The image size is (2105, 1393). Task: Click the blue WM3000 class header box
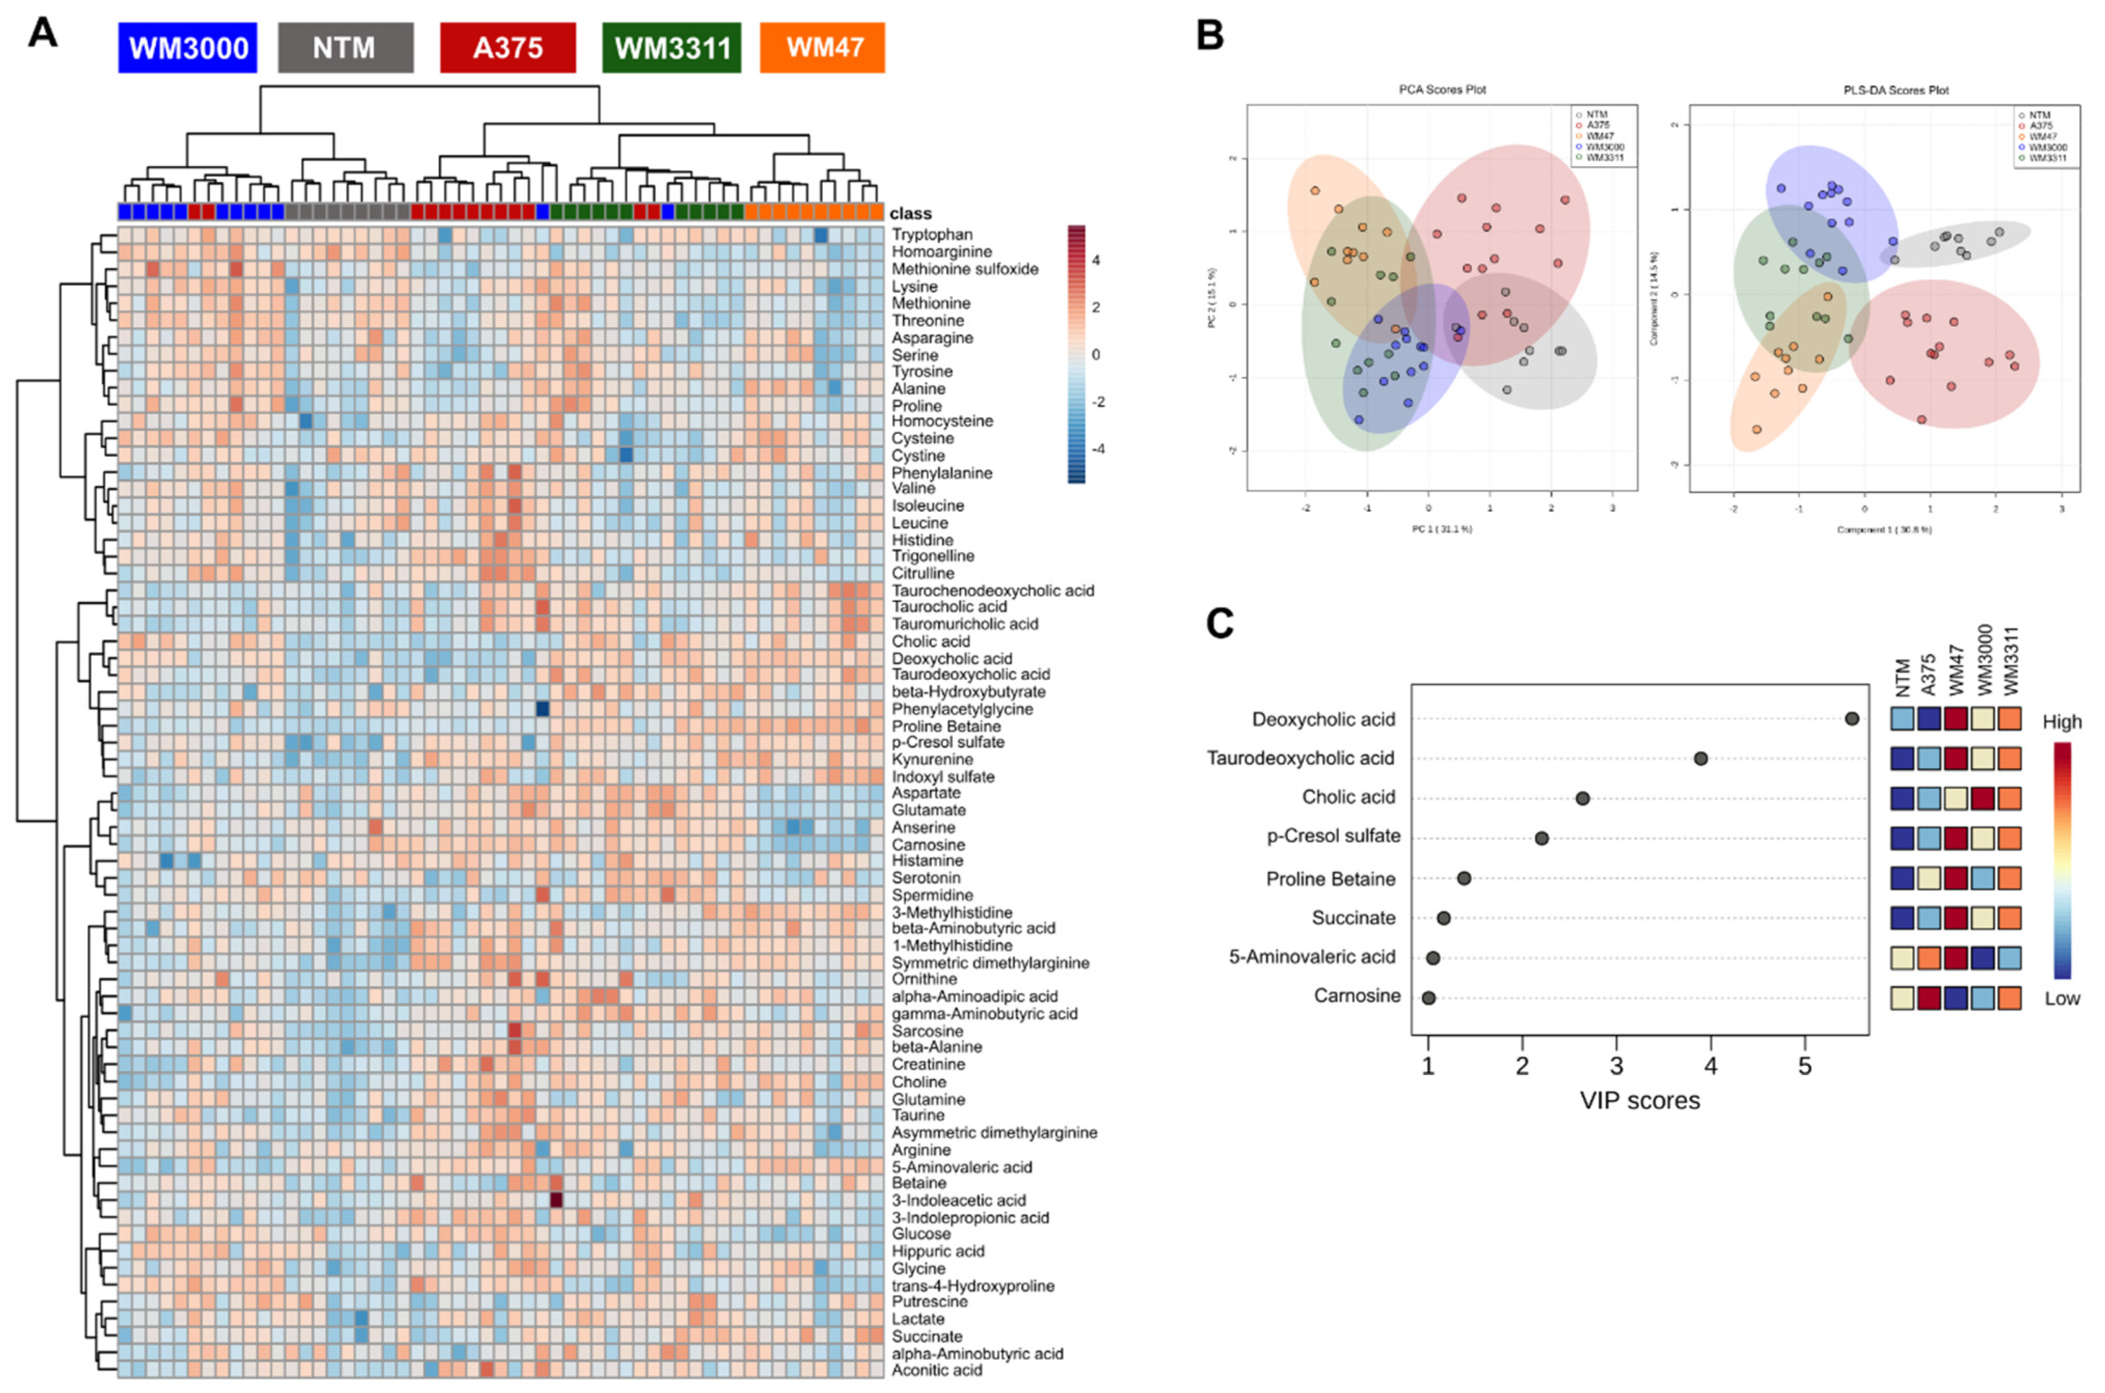pos(188,48)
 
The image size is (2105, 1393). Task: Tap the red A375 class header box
pos(508,48)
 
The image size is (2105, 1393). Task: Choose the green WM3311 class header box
pos(671,48)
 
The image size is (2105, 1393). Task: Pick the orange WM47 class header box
pos(822,48)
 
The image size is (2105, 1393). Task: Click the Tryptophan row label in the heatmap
pos(932,234)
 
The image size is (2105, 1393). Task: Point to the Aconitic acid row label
pos(937,1370)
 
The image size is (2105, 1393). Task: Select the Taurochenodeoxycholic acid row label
pos(992,591)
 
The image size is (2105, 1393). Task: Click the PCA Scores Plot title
pos(1442,90)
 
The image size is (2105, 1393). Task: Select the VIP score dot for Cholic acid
pos(1582,798)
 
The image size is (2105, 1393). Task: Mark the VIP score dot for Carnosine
pos(1429,998)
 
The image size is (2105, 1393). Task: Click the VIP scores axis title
pos(1640,1101)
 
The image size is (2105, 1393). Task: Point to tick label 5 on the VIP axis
pos(1804,1066)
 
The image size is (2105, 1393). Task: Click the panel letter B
pos(1210,36)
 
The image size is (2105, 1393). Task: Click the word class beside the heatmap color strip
pos(910,213)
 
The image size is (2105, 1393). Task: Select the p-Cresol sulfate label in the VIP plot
pos(1333,836)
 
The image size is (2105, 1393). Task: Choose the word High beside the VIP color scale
pos(2062,722)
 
